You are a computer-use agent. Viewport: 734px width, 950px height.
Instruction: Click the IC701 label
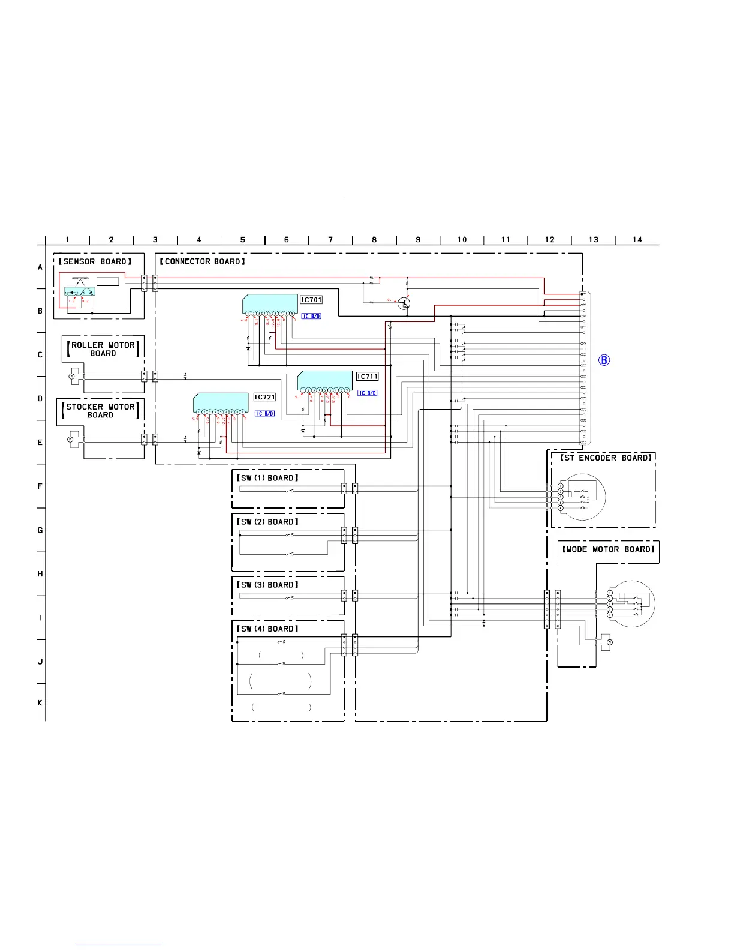pyautogui.click(x=311, y=300)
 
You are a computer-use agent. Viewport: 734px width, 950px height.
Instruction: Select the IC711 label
pyautogui.click(x=367, y=377)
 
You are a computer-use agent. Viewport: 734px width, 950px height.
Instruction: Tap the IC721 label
pyautogui.click(x=264, y=397)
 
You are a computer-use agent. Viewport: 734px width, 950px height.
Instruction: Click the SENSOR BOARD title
pyautogui.click(x=95, y=261)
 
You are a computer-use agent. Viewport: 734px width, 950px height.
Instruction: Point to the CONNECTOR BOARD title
pyautogui.click(x=203, y=261)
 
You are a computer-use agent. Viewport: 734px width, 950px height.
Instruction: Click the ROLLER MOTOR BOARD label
pyautogui.click(x=103, y=349)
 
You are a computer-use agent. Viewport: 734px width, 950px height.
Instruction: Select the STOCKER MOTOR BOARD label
pyautogui.click(x=100, y=411)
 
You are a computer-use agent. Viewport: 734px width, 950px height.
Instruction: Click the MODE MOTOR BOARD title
pyautogui.click(x=609, y=549)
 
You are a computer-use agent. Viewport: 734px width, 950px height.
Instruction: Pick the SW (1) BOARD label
pyautogui.click(x=267, y=478)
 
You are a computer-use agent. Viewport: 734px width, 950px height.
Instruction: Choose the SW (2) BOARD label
pyautogui.click(x=267, y=522)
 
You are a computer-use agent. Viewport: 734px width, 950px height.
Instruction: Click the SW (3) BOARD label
pyautogui.click(x=267, y=585)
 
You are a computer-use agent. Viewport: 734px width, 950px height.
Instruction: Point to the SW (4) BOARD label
pyautogui.click(x=267, y=629)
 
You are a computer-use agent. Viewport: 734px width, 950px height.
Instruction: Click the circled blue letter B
pyautogui.click(x=604, y=360)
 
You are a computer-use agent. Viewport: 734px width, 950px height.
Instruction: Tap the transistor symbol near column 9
pyautogui.click(x=404, y=303)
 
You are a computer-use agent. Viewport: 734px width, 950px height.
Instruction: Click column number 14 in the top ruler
pyautogui.click(x=637, y=240)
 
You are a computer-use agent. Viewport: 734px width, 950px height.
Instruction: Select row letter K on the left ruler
pyautogui.click(x=40, y=703)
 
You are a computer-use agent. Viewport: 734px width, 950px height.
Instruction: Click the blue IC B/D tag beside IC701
pyautogui.click(x=311, y=316)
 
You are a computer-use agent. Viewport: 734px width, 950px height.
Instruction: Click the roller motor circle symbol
pyautogui.click(x=71, y=376)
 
